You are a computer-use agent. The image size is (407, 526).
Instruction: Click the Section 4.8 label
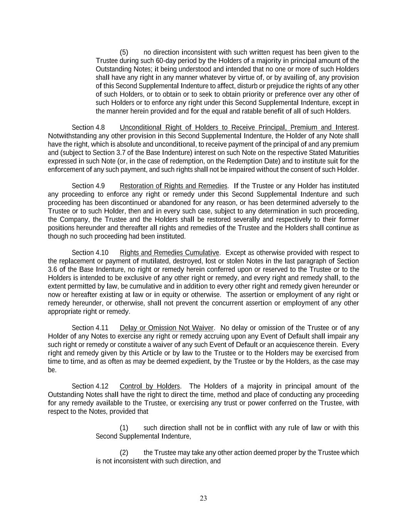click(x=88, y=128)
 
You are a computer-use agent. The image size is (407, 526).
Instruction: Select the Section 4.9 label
click(x=88, y=186)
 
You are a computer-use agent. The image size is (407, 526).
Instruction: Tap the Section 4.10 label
click(x=90, y=253)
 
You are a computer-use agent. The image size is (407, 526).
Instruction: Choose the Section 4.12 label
click(x=90, y=387)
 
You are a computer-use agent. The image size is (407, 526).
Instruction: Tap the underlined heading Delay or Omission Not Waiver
click(x=167, y=328)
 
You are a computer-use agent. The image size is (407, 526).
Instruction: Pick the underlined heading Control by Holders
click(x=150, y=387)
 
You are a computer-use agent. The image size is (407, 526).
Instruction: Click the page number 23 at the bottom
click(x=203, y=498)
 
